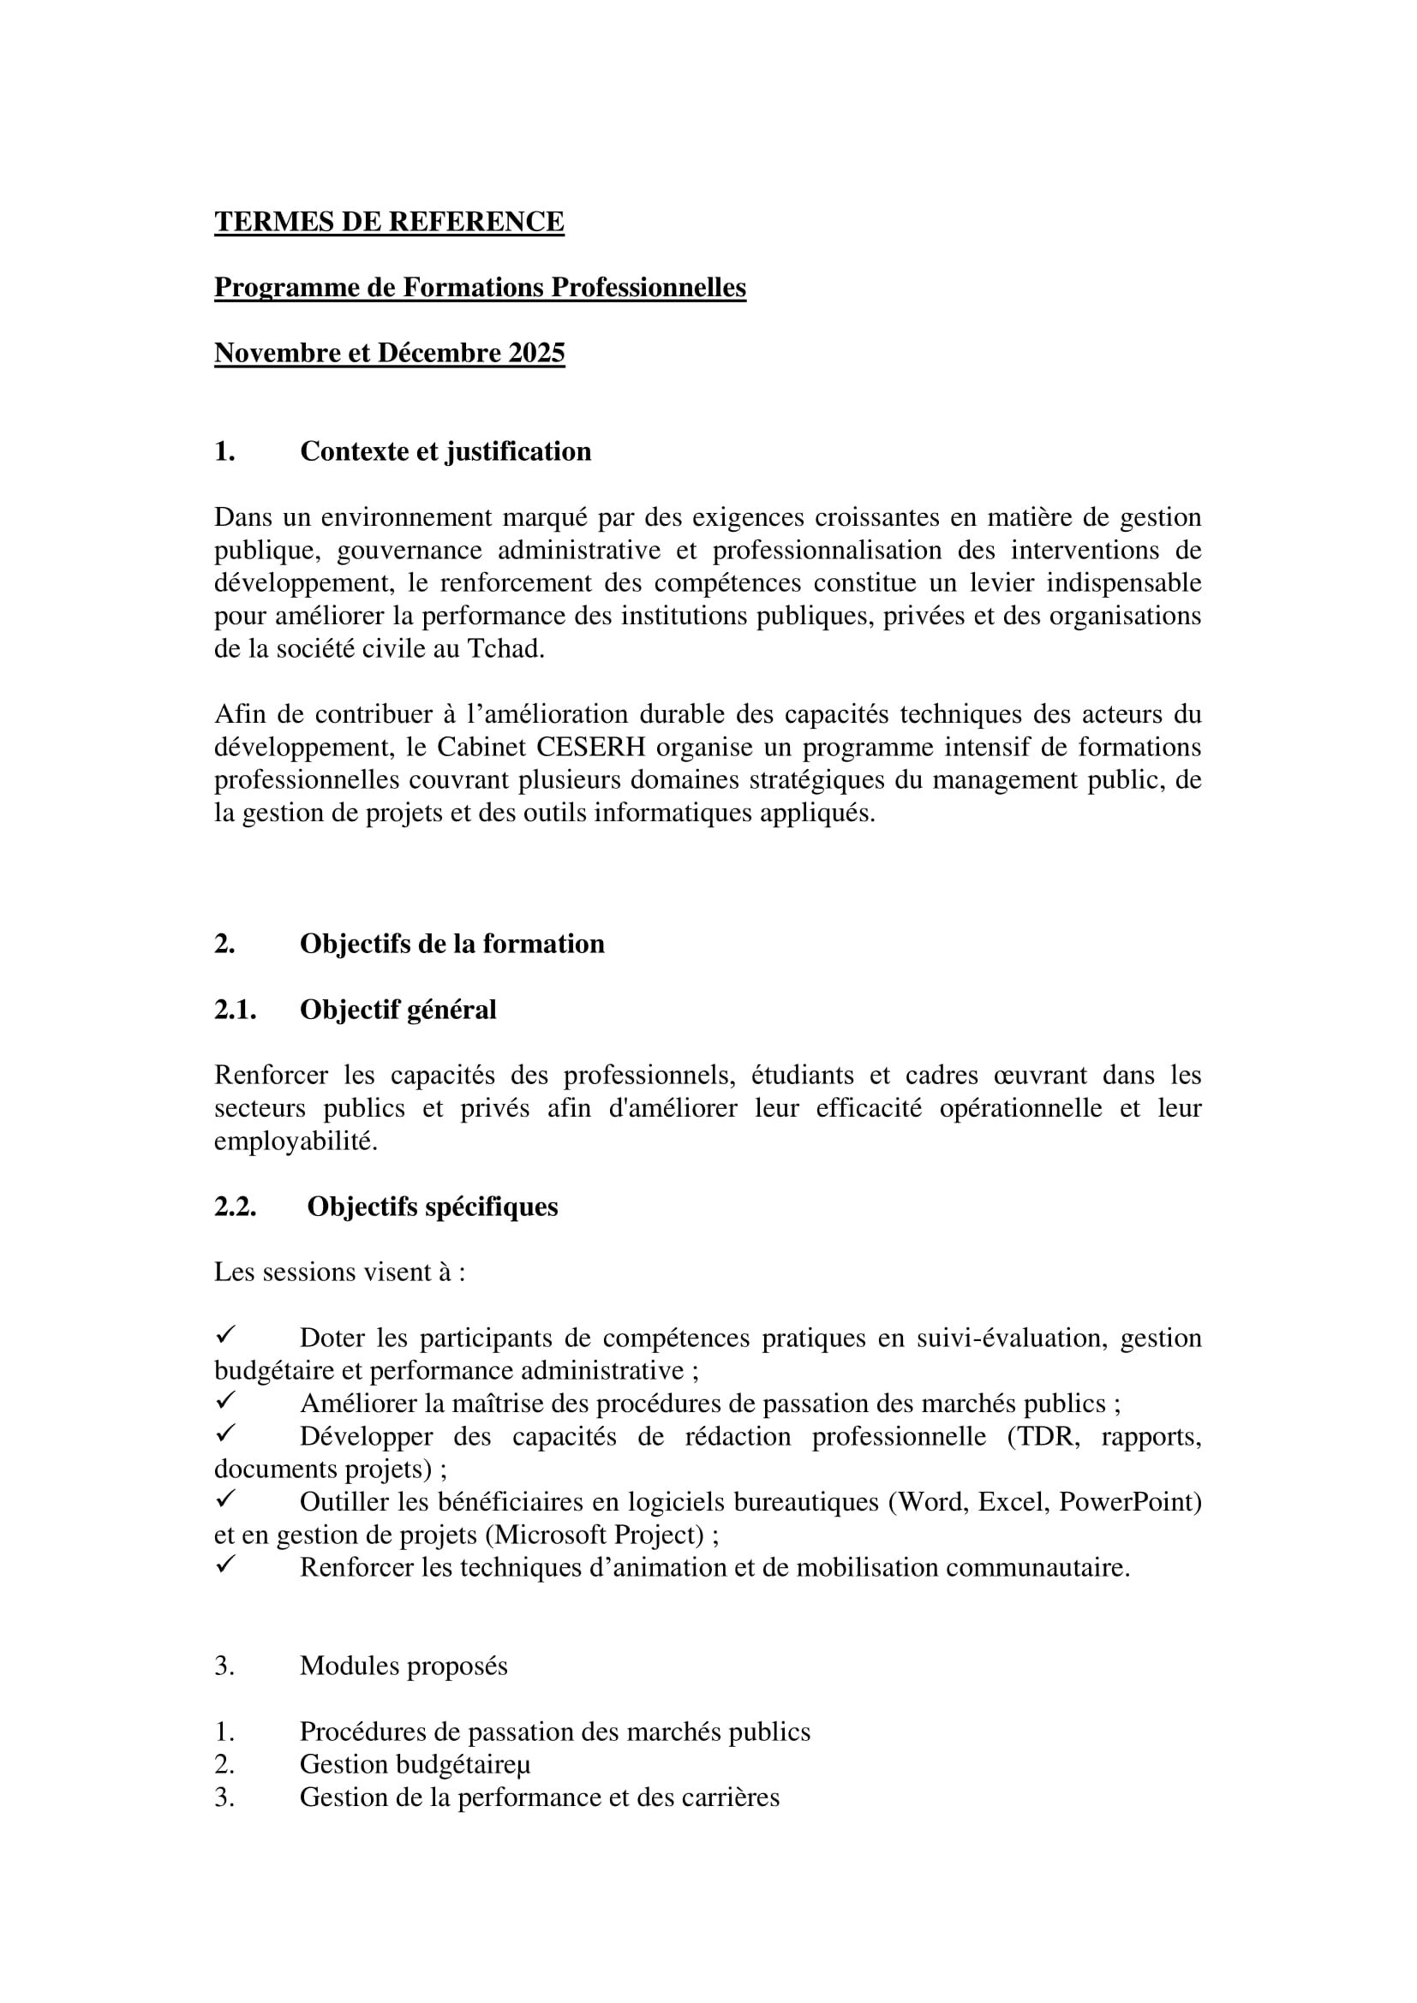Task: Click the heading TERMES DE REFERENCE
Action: tap(389, 222)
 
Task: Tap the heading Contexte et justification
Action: tap(445, 451)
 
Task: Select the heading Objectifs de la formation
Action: tap(452, 944)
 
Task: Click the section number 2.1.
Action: tap(235, 1010)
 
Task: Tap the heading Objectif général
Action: tap(398, 1010)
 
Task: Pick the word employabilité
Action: tap(295, 1141)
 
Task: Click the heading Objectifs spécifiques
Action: tap(432, 1207)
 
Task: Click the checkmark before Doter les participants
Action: tap(225, 1335)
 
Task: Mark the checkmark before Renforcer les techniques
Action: tap(225, 1565)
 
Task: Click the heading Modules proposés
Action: tap(404, 1666)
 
